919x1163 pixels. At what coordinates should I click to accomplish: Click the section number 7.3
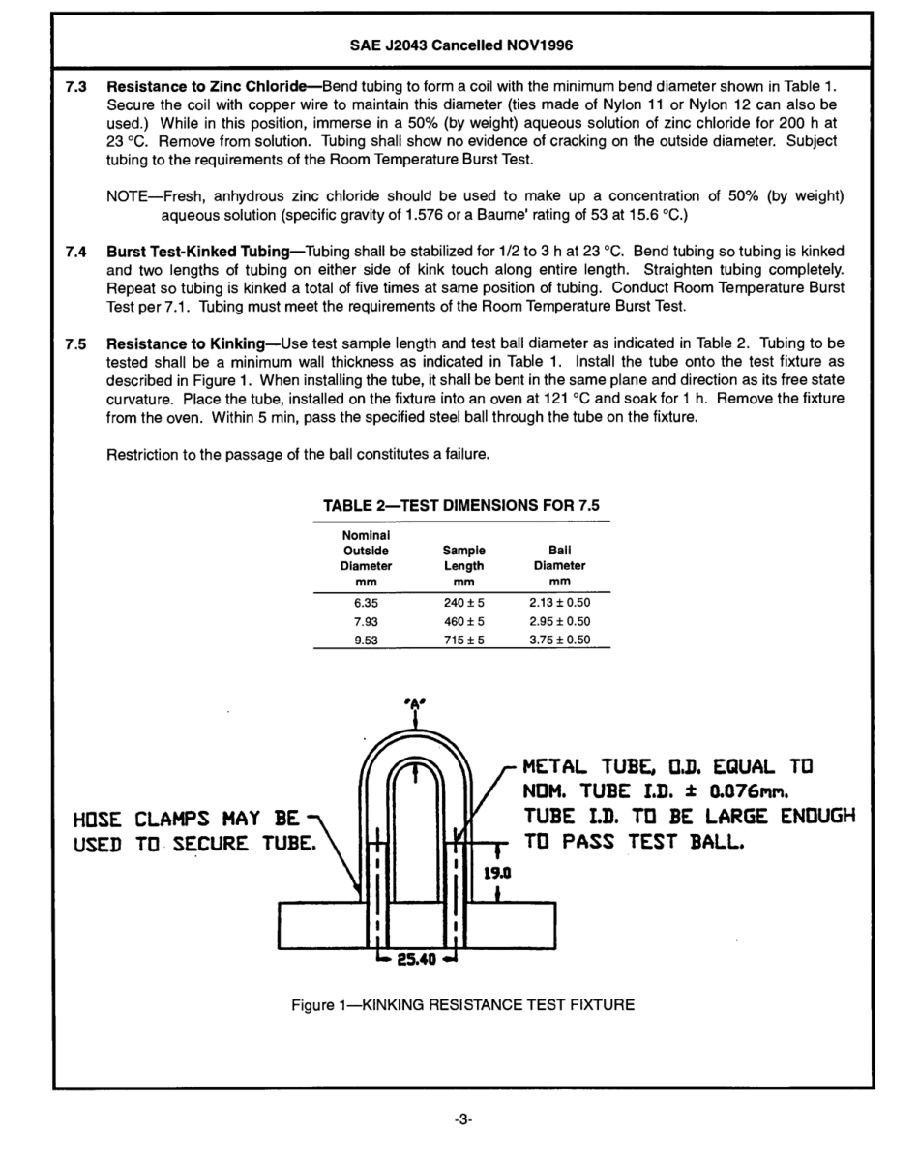(75, 87)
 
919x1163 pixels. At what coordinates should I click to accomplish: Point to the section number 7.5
(75, 343)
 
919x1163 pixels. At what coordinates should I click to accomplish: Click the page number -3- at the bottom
(462, 1120)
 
